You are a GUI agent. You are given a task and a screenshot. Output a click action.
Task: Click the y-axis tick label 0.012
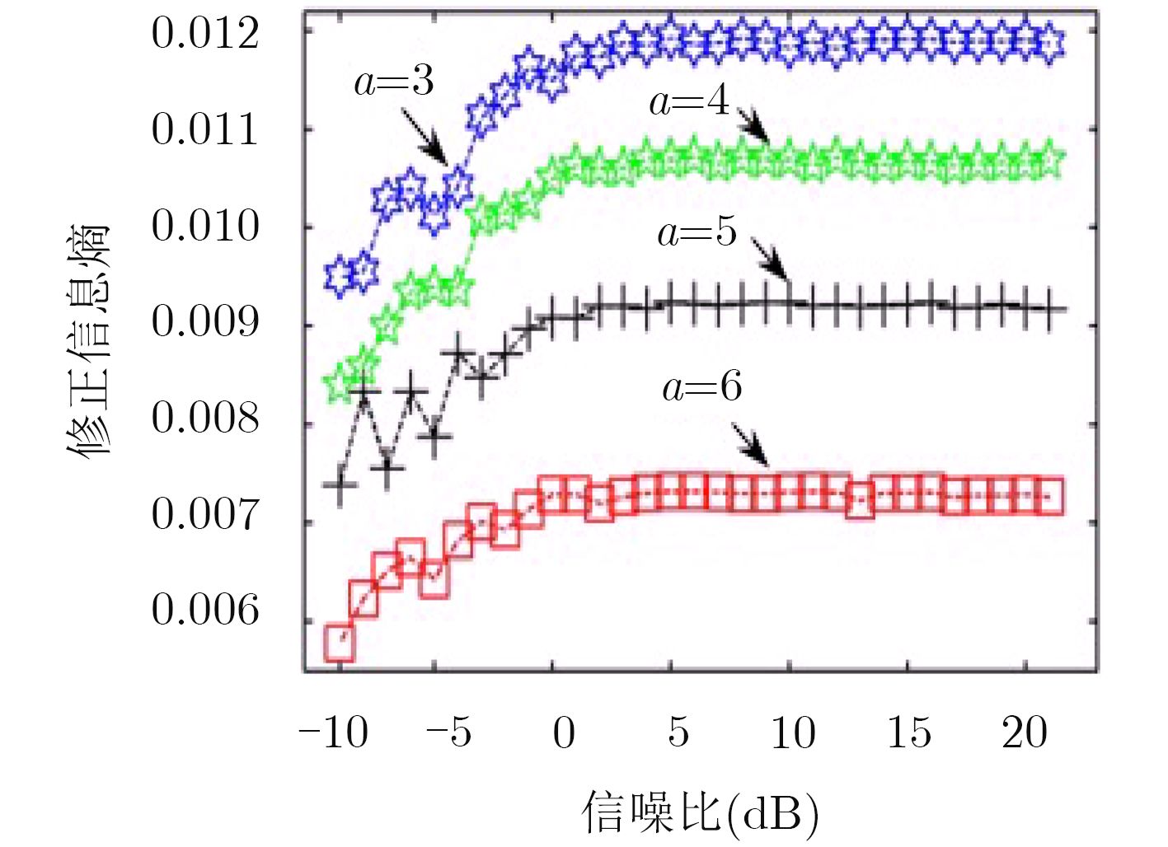205,34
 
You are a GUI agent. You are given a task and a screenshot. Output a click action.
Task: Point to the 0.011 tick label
205,130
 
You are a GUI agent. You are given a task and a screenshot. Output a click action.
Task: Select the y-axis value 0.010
205,227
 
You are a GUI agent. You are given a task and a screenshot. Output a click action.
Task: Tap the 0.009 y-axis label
205,322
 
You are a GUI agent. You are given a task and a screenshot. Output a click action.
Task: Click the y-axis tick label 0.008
205,419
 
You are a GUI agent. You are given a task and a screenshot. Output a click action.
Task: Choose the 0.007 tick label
205,515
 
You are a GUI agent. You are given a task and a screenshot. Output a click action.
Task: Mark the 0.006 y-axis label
205,611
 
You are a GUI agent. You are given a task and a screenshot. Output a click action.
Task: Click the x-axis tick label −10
334,732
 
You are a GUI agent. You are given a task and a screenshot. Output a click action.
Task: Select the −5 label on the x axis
449,732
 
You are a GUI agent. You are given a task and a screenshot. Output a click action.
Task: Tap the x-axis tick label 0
564,732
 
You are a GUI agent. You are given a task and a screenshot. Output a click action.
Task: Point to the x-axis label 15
909,732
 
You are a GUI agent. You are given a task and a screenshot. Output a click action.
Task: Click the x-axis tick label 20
1025,732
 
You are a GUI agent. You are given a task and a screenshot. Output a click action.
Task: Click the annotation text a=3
394,82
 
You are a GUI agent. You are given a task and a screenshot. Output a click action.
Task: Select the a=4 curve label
690,101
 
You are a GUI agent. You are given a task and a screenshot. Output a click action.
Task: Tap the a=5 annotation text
697,233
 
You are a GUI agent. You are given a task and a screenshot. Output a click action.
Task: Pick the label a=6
702,386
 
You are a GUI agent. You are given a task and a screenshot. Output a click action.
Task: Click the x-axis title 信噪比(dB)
701,812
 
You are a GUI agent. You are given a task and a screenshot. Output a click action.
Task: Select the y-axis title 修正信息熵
88,340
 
